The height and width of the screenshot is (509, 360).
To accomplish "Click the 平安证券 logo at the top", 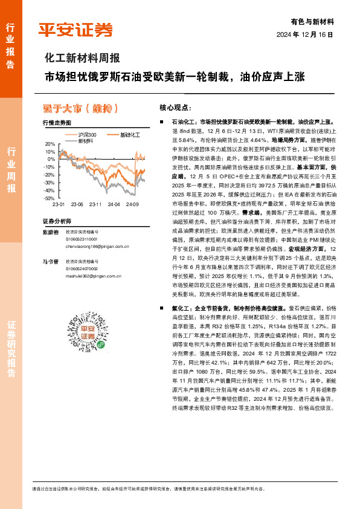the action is click(76, 29).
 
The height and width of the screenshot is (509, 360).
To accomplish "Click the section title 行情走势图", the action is click(57, 123).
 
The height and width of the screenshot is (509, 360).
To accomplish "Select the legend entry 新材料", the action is click(86, 140).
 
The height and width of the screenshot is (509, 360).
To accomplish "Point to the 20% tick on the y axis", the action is click(50, 143).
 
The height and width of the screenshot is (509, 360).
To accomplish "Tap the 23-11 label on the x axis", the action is click(95, 206).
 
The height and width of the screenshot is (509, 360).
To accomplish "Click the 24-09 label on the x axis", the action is click(133, 206).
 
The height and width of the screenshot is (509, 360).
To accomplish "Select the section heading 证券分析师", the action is click(57, 221).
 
